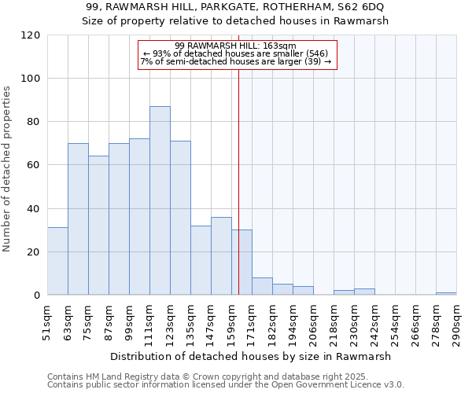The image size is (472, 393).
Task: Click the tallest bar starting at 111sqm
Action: click(x=160, y=200)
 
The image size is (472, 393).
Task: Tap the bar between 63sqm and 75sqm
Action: click(x=78, y=219)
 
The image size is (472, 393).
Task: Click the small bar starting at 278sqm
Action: click(x=446, y=294)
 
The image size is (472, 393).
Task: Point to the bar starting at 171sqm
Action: click(x=262, y=287)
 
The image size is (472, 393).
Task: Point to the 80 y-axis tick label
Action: click(x=34, y=122)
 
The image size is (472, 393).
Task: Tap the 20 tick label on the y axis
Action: click(x=34, y=252)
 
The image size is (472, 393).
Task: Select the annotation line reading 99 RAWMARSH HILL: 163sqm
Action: click(x=235, y=46)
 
